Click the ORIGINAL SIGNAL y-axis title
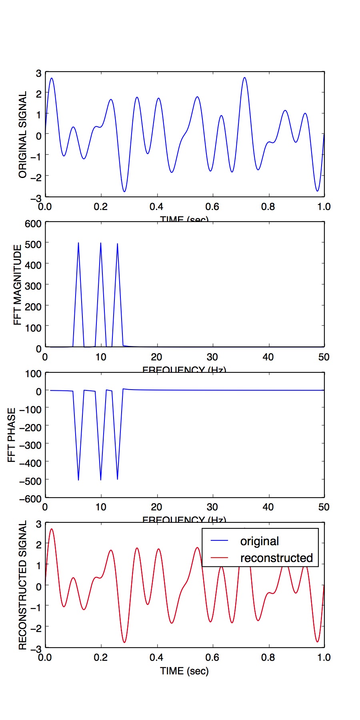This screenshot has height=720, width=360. (x=22, y=134)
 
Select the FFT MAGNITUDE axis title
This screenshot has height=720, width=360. (x=18, y=285)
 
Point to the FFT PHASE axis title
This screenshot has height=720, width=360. (x=12, y=435)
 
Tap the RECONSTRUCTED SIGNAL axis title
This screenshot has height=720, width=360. (x=22, y=585)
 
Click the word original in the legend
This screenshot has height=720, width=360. (x=259, y=541)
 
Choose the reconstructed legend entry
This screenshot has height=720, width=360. (x=276, y=558)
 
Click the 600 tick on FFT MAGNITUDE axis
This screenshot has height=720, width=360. (x=33, y=224)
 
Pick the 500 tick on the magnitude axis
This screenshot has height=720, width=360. (x=33, y=244)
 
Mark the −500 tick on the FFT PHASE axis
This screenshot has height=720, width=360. (x=30, y=481)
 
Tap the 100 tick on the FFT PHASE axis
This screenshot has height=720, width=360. (x=33, y=374)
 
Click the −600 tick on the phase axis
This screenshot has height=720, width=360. (x=30, y=499)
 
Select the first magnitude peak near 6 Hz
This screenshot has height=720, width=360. (x=78, y=243)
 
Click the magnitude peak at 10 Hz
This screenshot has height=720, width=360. (x=101, y=243)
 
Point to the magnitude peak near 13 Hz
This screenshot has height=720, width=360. (x=117, y=244)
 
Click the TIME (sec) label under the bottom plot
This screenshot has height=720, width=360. (x=184, y=671)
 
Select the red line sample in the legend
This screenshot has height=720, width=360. (x=219, y=558)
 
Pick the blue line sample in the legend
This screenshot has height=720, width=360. (x=219, y=541)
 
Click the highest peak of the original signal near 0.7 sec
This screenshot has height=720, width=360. (x=244, y=78)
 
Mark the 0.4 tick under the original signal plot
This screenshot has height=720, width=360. (x=156, y=207)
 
